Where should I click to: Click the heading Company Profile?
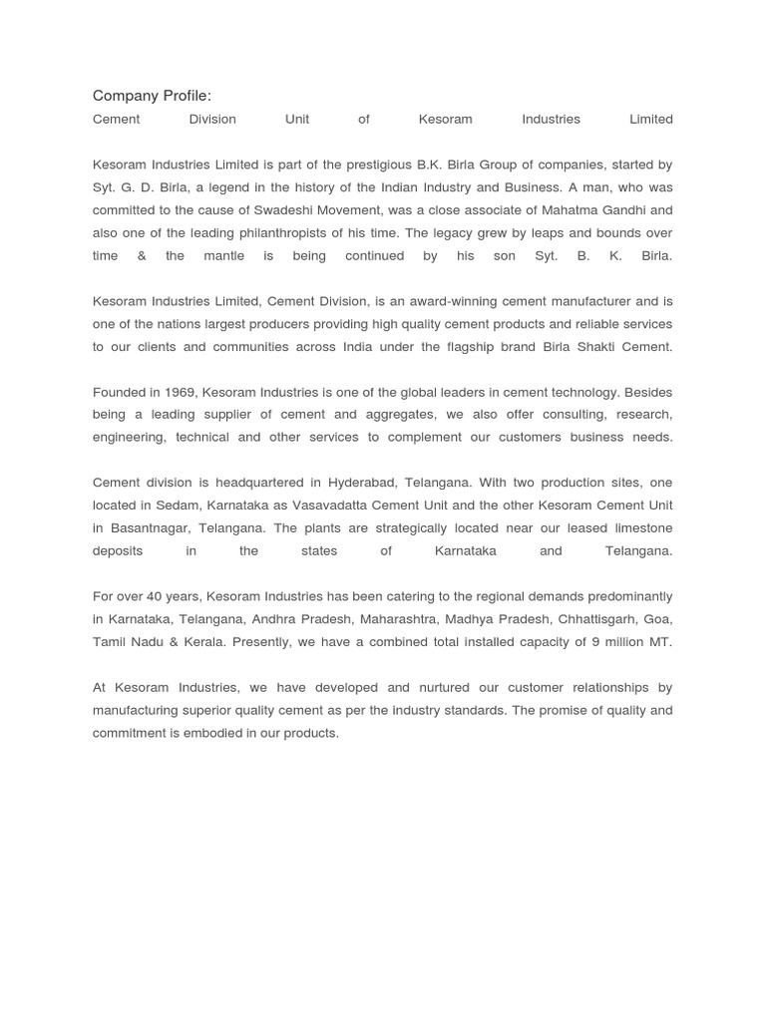coord(152,96)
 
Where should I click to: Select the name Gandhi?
coord(648,210)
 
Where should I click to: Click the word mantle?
coord(222,256)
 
